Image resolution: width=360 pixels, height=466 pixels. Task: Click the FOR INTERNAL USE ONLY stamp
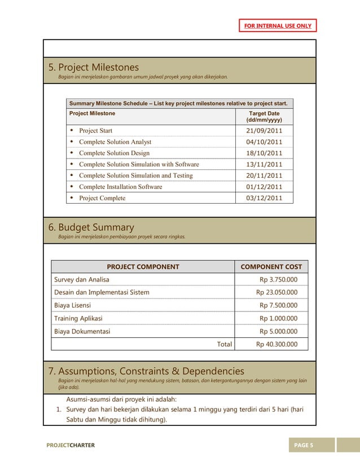(x=277, y=26)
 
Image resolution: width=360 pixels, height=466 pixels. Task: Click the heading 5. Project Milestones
(x=93, y=68)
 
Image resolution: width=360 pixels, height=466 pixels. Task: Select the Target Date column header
(x=264, y=117)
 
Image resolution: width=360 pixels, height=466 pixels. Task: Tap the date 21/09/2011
(x=264, y=131)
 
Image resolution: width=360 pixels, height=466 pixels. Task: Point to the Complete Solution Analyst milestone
(x=115, y=142)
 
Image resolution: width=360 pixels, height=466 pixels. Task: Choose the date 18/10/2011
(x=264, y=153)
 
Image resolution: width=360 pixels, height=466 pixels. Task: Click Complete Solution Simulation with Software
(x=139, y=165)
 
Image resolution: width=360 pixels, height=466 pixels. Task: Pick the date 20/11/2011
(x=264, y=175)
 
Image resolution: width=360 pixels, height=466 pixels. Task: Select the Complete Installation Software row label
(x=120, y=187)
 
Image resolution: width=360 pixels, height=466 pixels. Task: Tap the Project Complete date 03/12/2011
(x=264, y=198)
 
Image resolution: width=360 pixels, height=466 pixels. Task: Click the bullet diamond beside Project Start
(x=72, y=131)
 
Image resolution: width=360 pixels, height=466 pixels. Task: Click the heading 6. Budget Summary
(x=91, y=227)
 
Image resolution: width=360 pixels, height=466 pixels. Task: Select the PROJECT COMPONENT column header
(x=143, y=267)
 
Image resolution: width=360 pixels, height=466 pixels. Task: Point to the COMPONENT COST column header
(x=271, y=267)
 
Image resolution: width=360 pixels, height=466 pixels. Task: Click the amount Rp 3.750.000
(x=278, y=280)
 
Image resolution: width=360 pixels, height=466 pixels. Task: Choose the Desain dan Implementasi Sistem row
(x=102, y=293)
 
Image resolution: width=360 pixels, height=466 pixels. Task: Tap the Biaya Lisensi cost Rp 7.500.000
(x=278, y=306)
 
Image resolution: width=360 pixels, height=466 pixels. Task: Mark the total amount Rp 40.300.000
(x=276, y=344)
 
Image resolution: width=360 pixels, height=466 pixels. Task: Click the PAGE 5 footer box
(x=304, y=446)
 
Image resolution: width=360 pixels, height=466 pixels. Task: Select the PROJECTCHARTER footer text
(x=71, y=446)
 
